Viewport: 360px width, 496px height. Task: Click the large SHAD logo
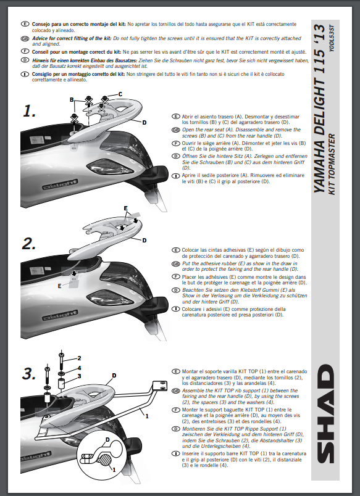click(x=325, y=414)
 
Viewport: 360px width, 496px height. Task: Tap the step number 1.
click(x=29, y=111)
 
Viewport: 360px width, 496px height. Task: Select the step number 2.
click(x=29, y=244)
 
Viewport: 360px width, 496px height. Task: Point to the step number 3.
click(x=29, y=374)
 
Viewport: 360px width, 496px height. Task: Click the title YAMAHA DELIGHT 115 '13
click(x=319, y=109)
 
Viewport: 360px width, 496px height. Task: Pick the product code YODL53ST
click(x=332, y=38)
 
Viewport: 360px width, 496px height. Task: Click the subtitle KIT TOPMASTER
click(x=332, y=164)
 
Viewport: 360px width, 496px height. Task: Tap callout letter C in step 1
click(x=120, y=94)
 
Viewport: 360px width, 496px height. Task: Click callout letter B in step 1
click(x=72, y=100)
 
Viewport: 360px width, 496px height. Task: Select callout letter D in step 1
click(x=144, y=122)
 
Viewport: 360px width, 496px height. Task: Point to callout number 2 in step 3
click(x=79, y=358)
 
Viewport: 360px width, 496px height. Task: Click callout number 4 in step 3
click(x=79, y=368)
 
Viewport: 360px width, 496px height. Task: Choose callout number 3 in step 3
click(x=79, y=376)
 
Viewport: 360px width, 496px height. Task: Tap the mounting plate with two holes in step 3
click(x=159, y=387)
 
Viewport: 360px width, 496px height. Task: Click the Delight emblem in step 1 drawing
click(x=60, y=184)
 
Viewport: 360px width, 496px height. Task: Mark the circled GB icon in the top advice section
click(x=24, y=39)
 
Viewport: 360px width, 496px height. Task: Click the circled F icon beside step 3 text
click(x=176, y=410)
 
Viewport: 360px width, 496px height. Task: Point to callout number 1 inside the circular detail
click(x=114, y=469)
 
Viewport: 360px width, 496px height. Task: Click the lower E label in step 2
click(x=59, y=286)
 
